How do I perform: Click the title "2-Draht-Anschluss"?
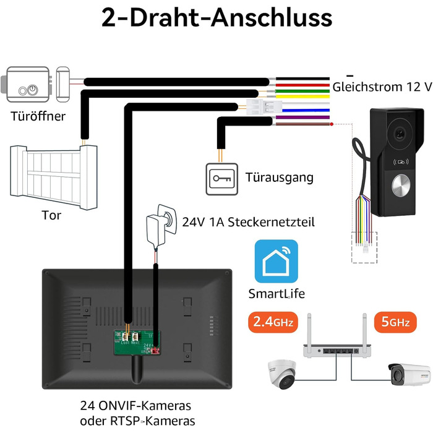216,19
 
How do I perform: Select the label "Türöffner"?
38,117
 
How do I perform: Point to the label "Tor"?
51,216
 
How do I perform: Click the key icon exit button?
220,179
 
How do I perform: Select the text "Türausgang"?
279,178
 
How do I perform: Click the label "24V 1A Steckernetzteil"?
248,221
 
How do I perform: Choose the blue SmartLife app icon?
277,261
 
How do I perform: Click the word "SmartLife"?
277,293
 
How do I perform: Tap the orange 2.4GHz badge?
272,322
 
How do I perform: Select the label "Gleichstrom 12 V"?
382,87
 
